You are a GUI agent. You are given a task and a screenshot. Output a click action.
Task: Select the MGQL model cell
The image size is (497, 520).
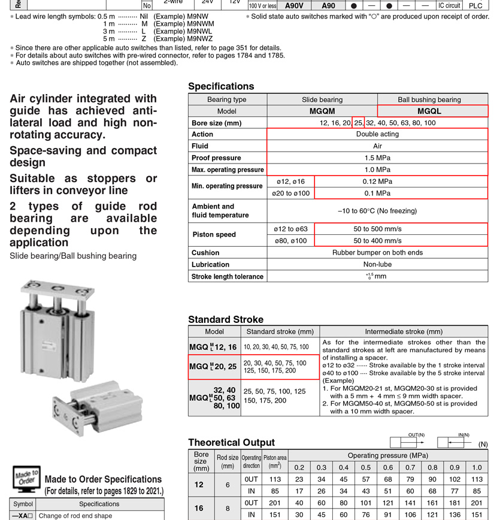(429, 111)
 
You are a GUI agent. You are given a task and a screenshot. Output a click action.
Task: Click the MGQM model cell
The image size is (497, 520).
(322, 111)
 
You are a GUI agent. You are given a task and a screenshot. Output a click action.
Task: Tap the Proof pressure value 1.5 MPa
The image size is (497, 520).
(377, 158)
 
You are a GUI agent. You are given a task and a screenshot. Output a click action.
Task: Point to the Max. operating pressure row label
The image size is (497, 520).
(228, 170)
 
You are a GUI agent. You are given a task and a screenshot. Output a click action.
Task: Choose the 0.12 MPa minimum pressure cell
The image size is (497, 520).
(377, 181)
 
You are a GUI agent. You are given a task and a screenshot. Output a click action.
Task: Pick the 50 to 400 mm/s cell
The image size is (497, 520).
(377, 240)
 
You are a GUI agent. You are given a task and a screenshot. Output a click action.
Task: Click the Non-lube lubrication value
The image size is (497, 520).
(377, 264)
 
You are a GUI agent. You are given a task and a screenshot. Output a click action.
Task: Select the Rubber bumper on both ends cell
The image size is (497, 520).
(377, 252)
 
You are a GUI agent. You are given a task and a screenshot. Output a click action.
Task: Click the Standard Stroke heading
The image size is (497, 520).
(226, 319)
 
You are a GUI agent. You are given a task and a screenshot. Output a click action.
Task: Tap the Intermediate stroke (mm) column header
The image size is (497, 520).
(404, 331)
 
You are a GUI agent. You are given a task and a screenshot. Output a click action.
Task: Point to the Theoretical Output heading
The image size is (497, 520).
(231, 442)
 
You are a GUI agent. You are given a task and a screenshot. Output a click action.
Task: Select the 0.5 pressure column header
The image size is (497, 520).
(365, 467)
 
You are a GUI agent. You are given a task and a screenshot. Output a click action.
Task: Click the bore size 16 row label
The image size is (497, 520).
(199, 508)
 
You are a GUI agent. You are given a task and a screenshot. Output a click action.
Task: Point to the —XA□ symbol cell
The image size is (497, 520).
(23, 515)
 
